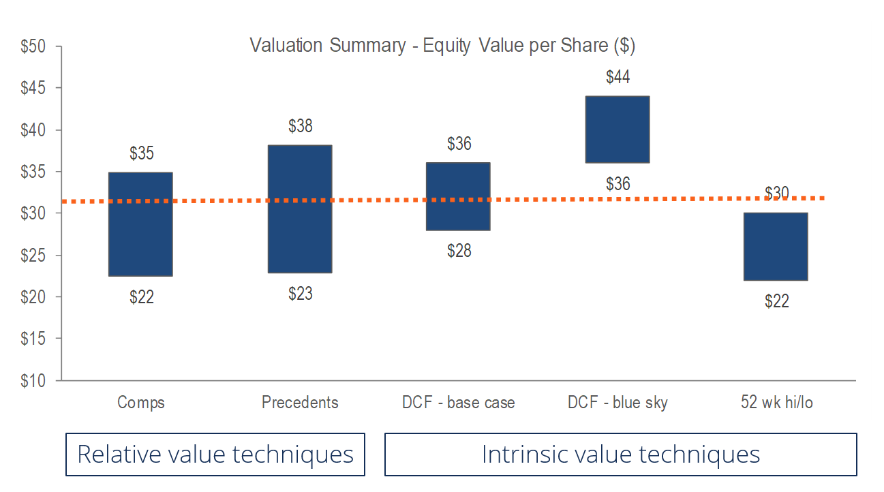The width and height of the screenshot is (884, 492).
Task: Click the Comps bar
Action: click(x=141, y=224)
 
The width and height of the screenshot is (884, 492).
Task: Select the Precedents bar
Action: click(x=300, y=209)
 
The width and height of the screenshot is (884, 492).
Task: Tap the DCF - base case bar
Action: click(x=459, y=196)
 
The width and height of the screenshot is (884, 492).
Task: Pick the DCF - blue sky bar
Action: click(x=618, y=129)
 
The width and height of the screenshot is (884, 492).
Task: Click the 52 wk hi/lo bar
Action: click(x=776, y=246)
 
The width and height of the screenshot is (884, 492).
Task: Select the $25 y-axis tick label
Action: click(x=33, y=256)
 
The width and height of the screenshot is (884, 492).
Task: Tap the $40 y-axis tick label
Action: click(x=33, y=130)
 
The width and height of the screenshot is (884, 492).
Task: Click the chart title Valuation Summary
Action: click(x=442, y=46)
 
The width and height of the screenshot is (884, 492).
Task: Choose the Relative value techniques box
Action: click(x=215, y=455)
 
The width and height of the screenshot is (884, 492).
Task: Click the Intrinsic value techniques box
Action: click(x=620, y=455)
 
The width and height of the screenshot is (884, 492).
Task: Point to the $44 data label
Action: click(x=618, y=77)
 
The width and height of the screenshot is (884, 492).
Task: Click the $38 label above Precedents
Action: click(x=300, y=126)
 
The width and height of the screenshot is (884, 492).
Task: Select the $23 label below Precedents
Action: click(x=300, y=294)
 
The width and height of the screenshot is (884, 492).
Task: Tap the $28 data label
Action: click(x=459, y=251)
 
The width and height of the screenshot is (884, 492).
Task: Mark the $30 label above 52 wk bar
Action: click(x=776, y=194)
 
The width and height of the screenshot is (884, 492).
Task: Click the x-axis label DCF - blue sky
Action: click(x=618, y=403)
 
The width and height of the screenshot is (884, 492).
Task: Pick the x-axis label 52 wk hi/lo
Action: click(x=776, y=403)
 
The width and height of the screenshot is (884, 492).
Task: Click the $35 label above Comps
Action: click(x=141, y=153)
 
